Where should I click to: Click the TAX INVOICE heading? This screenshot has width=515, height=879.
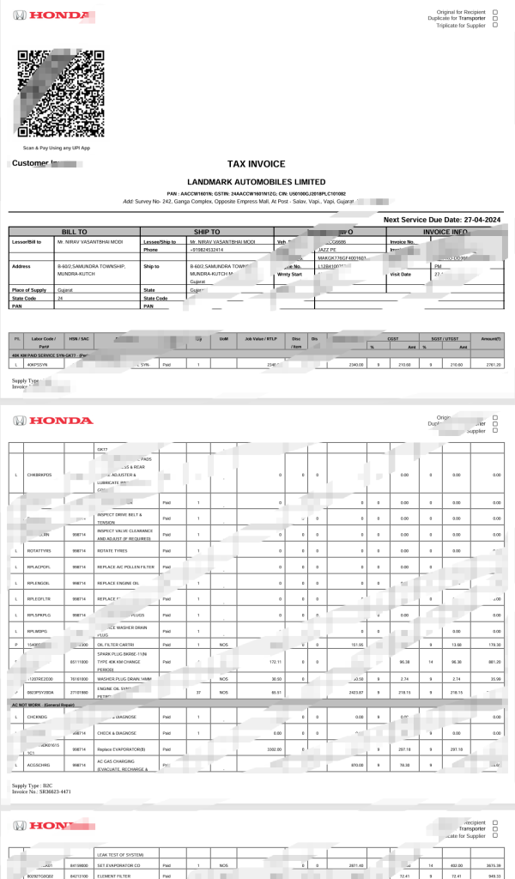pos(256,163)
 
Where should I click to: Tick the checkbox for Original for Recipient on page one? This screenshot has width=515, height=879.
pos(495,12)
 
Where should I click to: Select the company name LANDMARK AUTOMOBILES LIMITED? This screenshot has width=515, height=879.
pos(256,182)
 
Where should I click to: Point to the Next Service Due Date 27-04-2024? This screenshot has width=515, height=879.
pos(446,220)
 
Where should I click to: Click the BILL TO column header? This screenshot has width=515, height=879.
pos(75,232)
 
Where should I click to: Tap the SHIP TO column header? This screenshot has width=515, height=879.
pos(207,232)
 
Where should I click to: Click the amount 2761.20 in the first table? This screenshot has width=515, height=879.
pos(492,365)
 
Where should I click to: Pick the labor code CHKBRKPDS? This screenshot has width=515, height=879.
pos(40,475)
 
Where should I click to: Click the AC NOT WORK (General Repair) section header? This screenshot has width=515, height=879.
pos(49,704)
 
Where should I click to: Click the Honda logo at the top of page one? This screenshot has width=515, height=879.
pos(60,15)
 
